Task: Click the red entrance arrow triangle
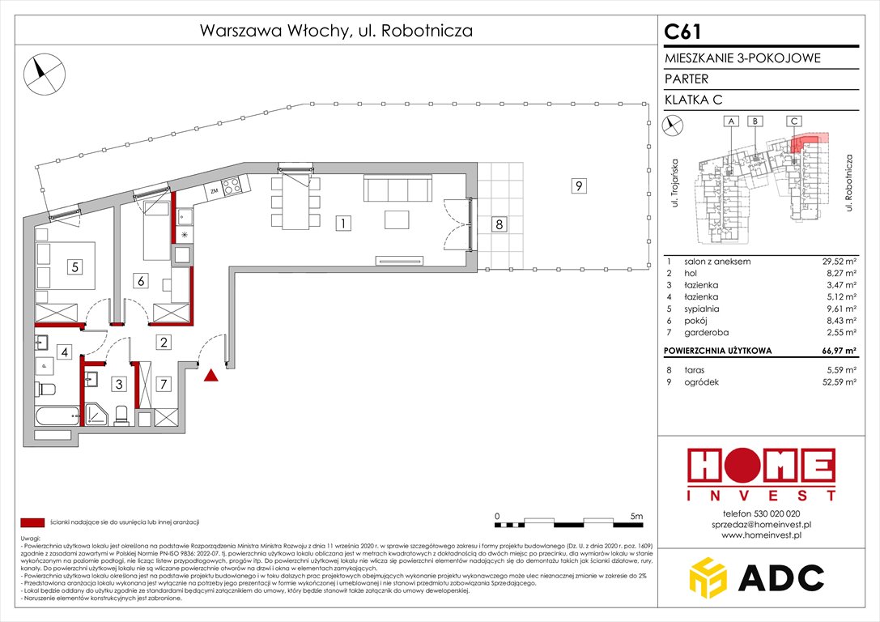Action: click(x=211, y=375)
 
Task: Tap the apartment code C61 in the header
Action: click(x=682, y=32)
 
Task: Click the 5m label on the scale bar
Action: click(x=636, y=515)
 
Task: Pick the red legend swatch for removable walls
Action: click(x=32, y=522)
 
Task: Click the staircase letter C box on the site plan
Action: click(x=795, y=121)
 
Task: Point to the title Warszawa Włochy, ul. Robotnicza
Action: click(x=335, y=32)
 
